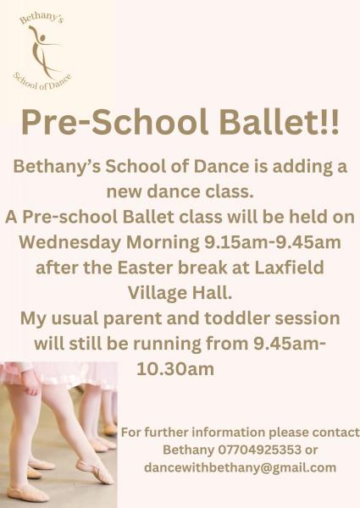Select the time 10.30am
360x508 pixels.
[175, 369]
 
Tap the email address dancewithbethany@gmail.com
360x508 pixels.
[240, 467]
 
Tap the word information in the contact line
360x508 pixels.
[218, 432]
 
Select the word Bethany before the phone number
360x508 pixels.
[184, 450]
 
